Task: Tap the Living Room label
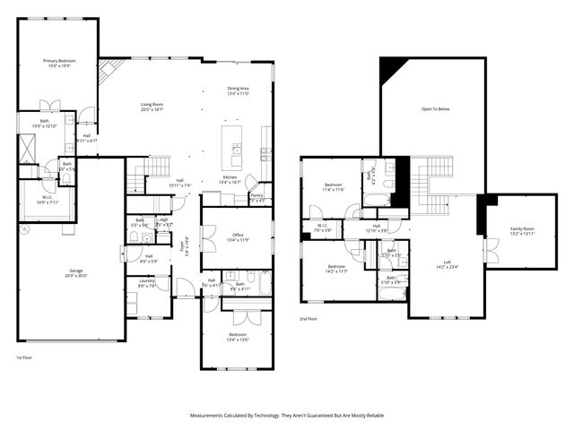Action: coord(151,107)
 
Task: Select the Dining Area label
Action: coord(238,90)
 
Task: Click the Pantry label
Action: coord(257,197)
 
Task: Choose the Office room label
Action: coord(238,237)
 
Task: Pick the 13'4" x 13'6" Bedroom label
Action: coord(238,337)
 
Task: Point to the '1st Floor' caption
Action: coord(25,357)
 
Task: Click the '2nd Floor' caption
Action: coord(309,318)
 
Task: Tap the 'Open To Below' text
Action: coord(434,110)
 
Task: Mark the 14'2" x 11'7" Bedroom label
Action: coord(336,269)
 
